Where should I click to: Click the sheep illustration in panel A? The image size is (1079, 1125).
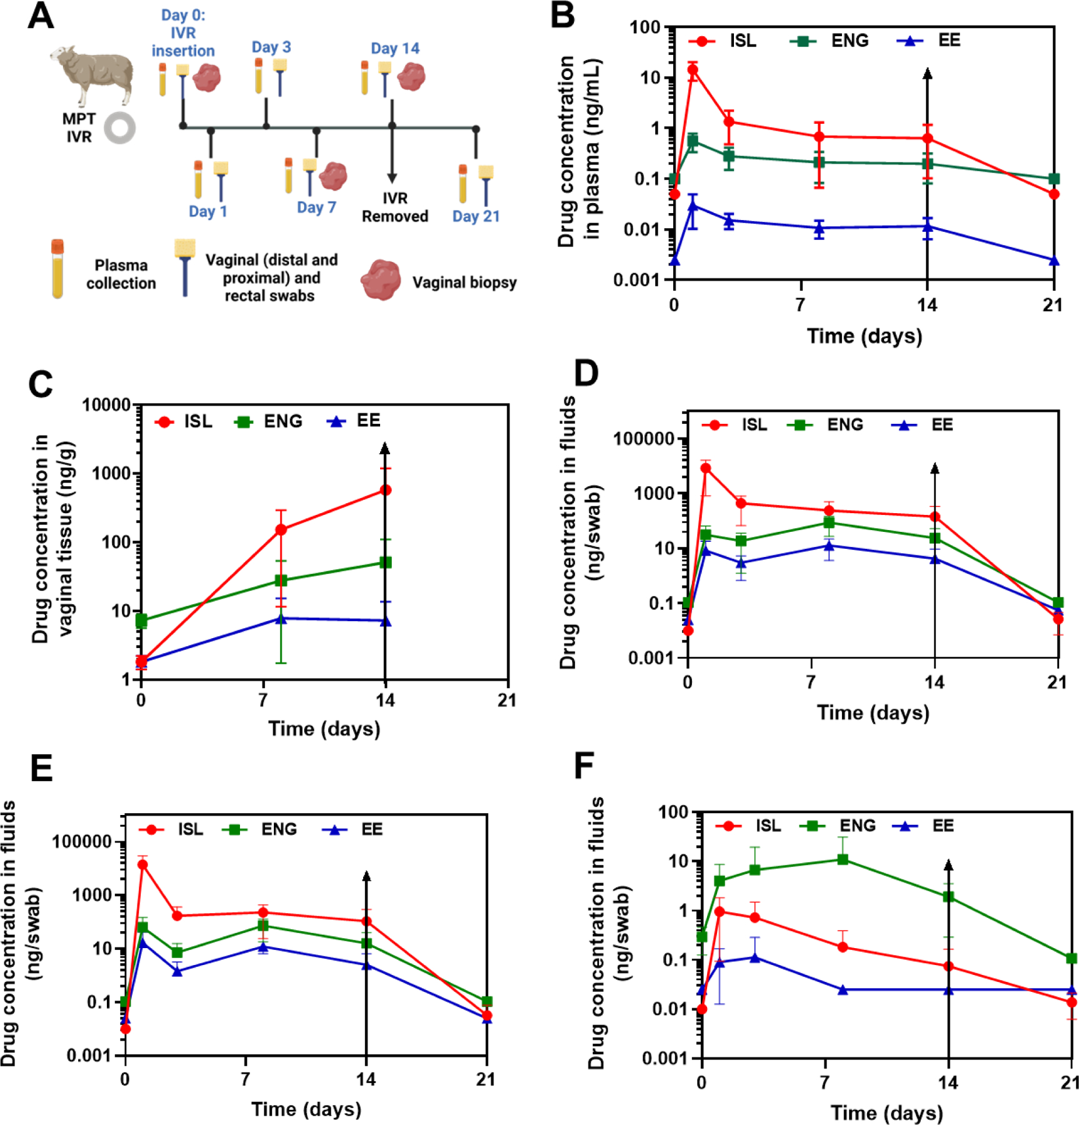(x=94, y=74)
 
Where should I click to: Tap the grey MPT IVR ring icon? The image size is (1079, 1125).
(x=119, y=127)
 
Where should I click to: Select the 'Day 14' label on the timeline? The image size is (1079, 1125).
(x=394, y=48)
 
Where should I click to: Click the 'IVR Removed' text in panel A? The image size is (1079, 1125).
(x=394, y=207)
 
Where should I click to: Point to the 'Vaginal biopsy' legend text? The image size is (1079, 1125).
(x=464, y=282)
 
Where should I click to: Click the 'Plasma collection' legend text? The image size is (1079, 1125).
(x=121, y=274)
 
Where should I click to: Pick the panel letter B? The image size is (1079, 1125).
(x=562, y=15)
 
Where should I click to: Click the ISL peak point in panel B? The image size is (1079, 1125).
(x=693, y=69)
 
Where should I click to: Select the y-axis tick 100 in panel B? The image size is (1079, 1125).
(x=645, y=27)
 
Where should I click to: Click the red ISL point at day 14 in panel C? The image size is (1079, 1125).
(x=385, y=490)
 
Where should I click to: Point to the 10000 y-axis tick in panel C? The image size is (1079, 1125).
(x=106, y=405)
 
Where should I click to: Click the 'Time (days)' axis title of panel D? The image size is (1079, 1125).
(x=873, y=712)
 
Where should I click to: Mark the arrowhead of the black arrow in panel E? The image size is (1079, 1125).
(x=366, y=876)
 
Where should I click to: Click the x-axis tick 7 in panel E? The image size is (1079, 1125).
(x=245, y=1079)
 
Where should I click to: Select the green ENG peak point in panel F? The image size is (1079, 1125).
(x=843, y=859)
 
